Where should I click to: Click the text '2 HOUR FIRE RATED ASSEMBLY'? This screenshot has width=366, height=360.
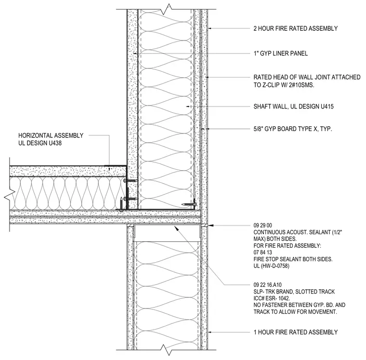point(296,28)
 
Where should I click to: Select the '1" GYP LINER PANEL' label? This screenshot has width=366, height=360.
point(281,53)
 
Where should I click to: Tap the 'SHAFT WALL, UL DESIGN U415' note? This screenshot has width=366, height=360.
point(293,107)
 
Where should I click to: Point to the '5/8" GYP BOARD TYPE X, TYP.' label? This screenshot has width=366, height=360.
point(293,129)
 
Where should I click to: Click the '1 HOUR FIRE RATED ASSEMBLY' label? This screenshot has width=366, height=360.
point(296,332)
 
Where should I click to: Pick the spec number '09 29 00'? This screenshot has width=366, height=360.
point(262,226)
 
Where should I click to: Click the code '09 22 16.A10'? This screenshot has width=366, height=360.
point(267,285)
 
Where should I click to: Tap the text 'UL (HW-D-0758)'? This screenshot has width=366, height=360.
point(271,266)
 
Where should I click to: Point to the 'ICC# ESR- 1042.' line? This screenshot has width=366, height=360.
point(272,298)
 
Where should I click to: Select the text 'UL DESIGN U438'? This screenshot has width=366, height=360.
point(40,143)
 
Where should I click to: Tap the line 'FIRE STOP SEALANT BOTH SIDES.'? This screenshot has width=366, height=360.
point(293,259)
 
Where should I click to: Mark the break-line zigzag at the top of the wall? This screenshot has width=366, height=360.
point(168,8)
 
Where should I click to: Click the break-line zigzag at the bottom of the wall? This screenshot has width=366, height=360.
point(168,350)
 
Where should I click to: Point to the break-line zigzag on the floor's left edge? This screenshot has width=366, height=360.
point(10,194)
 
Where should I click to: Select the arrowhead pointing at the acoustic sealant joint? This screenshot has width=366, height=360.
point(210,226)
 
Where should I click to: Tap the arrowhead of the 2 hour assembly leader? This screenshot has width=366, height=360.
point(209,28)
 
